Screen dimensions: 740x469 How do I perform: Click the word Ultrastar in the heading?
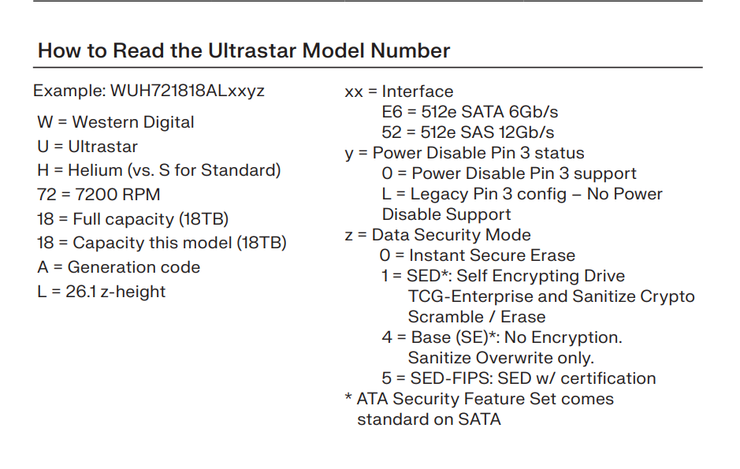(x=252, y=50)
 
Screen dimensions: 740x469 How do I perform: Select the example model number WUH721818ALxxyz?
(x=188, y=91)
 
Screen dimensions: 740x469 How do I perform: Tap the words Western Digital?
(x=133, y=122)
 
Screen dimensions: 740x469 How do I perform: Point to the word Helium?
(x=95, y=169)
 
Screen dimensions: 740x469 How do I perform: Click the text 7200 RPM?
(x=117, y=195)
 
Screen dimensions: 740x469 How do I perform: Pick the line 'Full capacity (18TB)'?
(x=151, y=219)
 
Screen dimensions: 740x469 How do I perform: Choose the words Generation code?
(x=134, y=267)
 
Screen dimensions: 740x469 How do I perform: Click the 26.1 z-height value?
(x=116, y=292)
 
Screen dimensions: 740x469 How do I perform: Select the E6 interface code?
(x=392, y=112)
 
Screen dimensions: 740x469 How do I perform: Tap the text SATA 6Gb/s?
(x=510, y=112)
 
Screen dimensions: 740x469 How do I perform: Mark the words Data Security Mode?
(x=452, y=235)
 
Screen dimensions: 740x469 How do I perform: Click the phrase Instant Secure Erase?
(x=493, y=255)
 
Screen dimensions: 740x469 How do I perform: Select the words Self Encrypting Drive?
(x=541, y=276)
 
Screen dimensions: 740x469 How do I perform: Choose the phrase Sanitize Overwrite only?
(x=500, y=358)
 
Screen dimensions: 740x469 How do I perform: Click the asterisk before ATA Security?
(x=348, y=396)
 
